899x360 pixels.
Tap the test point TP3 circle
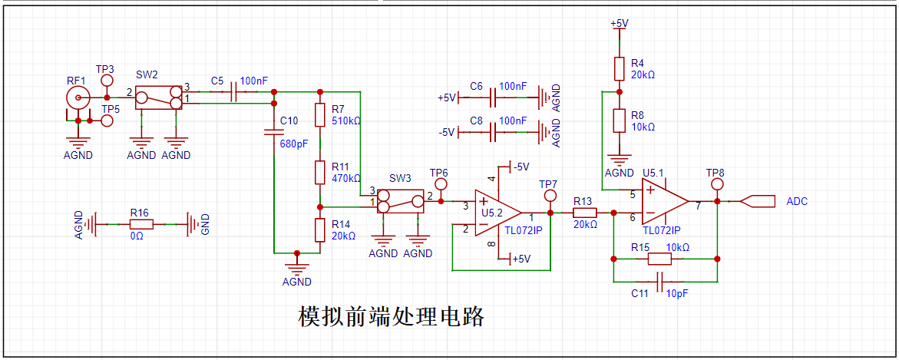click(107, 80)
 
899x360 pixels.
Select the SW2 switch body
click(159, 97)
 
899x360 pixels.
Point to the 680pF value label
click(294, 144)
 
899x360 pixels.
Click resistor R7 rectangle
click(321, 115)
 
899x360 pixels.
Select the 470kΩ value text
click(346, 178)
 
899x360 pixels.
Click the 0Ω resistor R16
click(142, 224)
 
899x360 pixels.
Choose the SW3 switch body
click(401, 202)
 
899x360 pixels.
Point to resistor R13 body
click(584, 213)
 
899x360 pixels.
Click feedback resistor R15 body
click(660, 259)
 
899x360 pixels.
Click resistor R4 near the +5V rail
click(618, 68)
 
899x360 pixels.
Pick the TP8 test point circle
click(716, 185)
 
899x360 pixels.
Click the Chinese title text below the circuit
click(391, 316)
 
